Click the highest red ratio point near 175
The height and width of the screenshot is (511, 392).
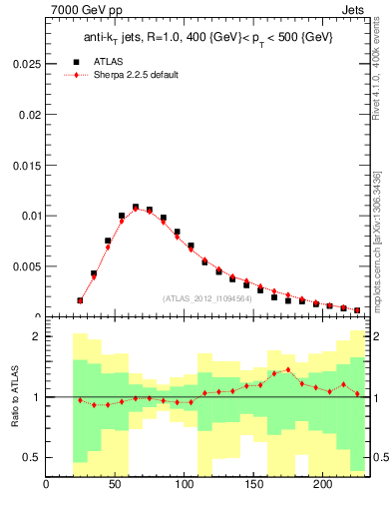[x=288, y=369]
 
